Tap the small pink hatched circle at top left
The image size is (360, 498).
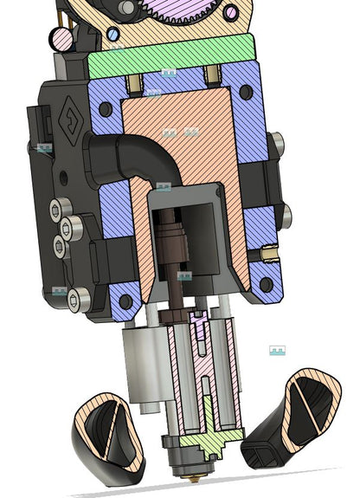point(61,39)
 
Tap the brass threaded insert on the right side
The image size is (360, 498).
point(269,253)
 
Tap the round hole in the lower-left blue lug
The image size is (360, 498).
point(125,301)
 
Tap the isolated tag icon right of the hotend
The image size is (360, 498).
point(277,351)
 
